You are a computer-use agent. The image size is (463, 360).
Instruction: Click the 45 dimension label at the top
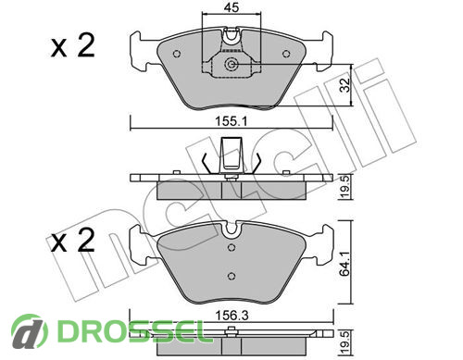pyautogui.click(x=231, y=6)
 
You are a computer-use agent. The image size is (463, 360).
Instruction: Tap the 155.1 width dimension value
pyautogui.click(x=231, y=121)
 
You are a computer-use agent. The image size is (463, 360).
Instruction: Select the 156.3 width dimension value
pyautogui.click(x=231, y=316)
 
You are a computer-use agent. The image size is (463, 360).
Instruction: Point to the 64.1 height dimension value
pyautogui.click(x=345, y=263)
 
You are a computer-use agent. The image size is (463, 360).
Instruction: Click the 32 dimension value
pyautogui.click(x=345, y=85)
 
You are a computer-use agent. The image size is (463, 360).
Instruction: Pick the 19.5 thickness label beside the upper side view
pyautogui.click(x=345, y=187)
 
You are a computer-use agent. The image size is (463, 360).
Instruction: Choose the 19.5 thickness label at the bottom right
pyautogui.click(x=345, y=342)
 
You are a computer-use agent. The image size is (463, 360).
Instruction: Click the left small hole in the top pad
pyautogui.click(x=177, y=54)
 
